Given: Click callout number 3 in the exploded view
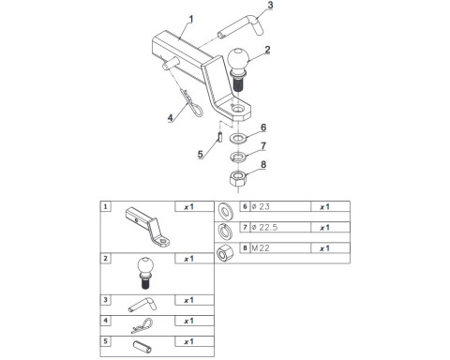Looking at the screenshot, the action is click(270, 5).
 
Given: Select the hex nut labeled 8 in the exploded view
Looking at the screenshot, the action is click(238, 179).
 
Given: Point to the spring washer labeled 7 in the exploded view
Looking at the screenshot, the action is click(238, 157).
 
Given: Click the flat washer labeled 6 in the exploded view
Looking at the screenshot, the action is click(238, 138).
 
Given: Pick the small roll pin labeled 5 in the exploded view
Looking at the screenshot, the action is click(219, 137).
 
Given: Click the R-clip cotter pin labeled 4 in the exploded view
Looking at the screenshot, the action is click(191, 100).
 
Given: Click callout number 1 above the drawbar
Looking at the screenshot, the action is click(190, 20).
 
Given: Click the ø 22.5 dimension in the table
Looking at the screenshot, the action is click(264, 228).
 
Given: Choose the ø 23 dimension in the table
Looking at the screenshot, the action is click(261, 206).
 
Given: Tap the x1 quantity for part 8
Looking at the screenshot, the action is click(324, 248).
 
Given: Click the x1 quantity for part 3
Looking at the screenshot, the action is click(188, 300).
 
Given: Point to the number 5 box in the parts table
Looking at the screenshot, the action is click(105, 341).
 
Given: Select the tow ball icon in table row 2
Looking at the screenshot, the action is click(145, 273).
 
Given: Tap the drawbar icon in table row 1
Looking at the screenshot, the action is click(147, 228).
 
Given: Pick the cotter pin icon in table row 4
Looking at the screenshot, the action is click(142, 325).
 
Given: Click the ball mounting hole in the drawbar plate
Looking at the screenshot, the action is click(238, 109).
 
